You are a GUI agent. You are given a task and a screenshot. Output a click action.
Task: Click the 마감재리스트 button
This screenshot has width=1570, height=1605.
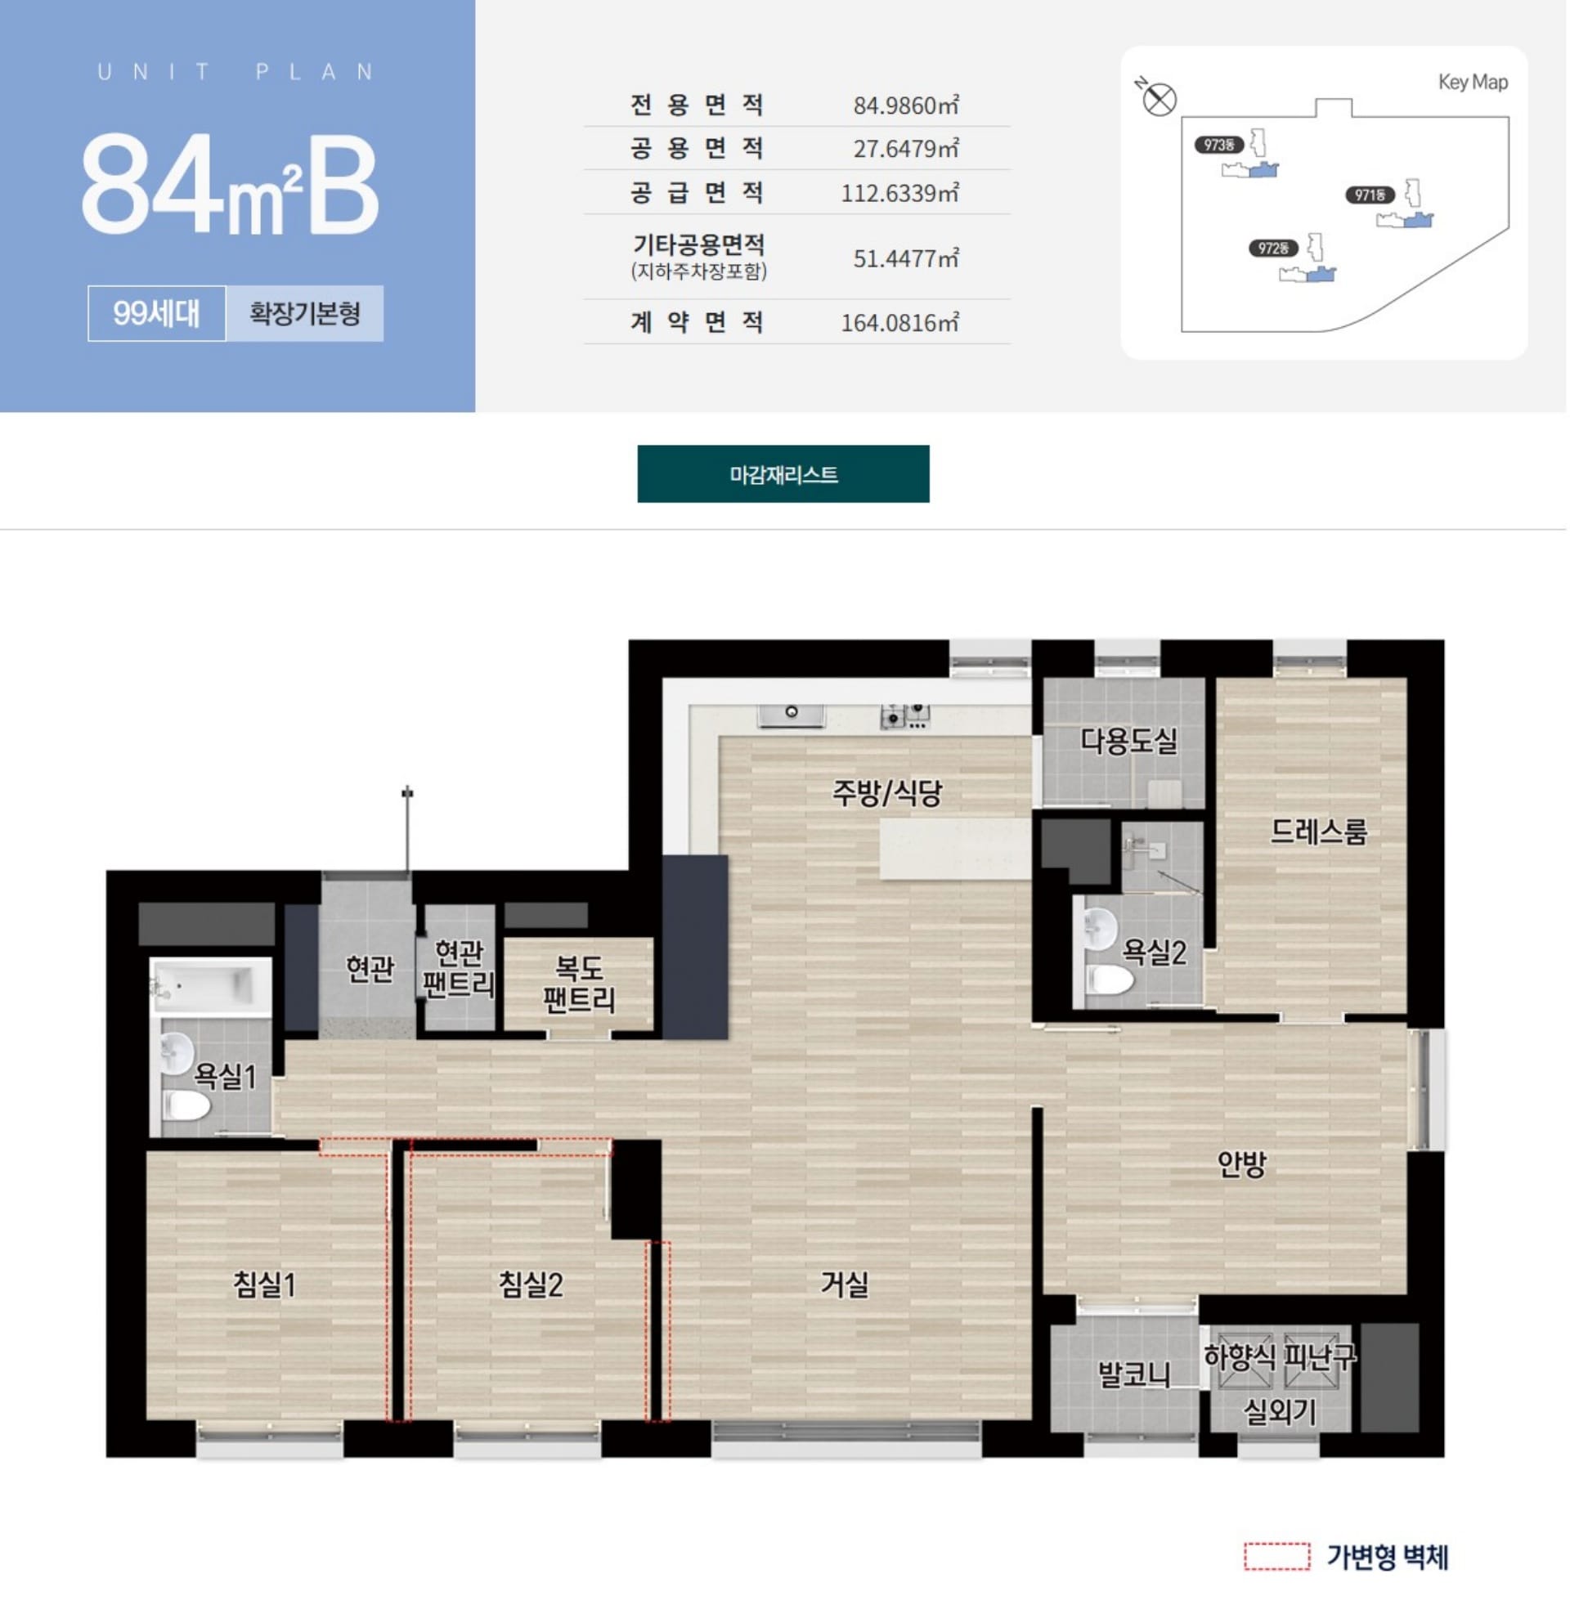click(783, 474)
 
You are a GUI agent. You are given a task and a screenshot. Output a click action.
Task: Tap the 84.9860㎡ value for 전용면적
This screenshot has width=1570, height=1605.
click(905, 105)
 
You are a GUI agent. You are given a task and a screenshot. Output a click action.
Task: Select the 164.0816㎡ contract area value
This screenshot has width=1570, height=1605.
click(899, 322)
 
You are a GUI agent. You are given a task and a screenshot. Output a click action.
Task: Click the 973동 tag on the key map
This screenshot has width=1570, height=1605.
click(1218, 145)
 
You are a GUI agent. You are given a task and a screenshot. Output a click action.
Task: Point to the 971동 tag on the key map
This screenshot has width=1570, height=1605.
click(1370, 195)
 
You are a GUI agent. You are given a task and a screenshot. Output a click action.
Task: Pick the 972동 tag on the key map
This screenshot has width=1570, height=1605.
click(1273, 248)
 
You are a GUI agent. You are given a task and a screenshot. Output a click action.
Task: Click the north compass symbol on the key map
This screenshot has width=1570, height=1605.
click(1160, 100)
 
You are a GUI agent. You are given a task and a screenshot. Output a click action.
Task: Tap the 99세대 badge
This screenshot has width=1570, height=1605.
click(157, 313)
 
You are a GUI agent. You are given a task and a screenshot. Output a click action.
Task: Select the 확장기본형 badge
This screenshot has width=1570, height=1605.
click(304, 313)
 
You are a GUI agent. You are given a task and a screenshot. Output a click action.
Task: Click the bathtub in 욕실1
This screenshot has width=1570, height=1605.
click(211, 986)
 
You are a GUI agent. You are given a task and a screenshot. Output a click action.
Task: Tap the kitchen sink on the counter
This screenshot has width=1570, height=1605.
click(791, 714)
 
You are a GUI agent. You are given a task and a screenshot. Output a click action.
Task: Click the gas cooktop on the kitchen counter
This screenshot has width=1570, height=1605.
click(905, 715)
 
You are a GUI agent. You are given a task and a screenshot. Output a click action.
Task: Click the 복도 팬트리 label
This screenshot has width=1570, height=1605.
click(579, 984)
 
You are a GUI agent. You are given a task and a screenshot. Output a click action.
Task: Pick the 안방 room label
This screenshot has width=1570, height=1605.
click(1241, 1164)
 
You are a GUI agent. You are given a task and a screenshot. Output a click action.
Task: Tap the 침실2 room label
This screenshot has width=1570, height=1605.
click(530, 1284)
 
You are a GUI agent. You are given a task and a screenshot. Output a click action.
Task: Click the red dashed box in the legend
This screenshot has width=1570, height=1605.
click(1276, 1557)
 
